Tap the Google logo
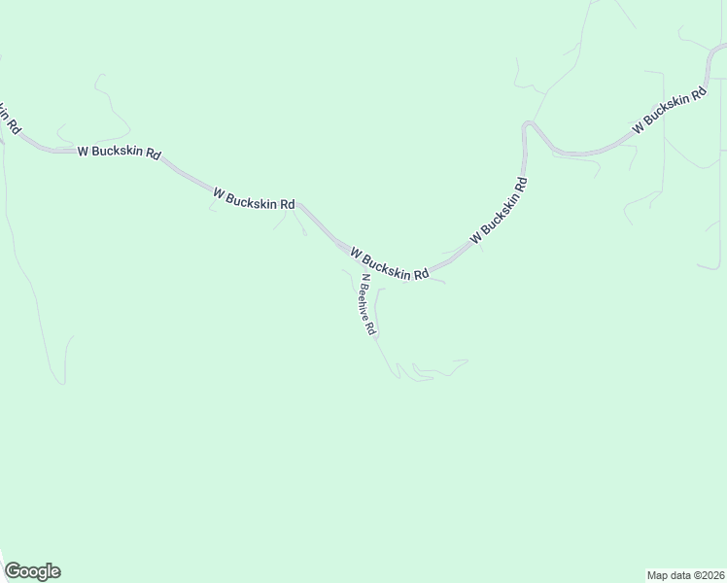(32, 571)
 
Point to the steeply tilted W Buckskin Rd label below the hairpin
(499, 210)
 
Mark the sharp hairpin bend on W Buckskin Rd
(527, 126)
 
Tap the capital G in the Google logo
(13, 571)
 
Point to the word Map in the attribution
(659, 574)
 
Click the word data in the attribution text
(682, 574)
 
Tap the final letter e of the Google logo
(54, 572)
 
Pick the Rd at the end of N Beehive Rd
(371, 328)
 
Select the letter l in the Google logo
(48, 571)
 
